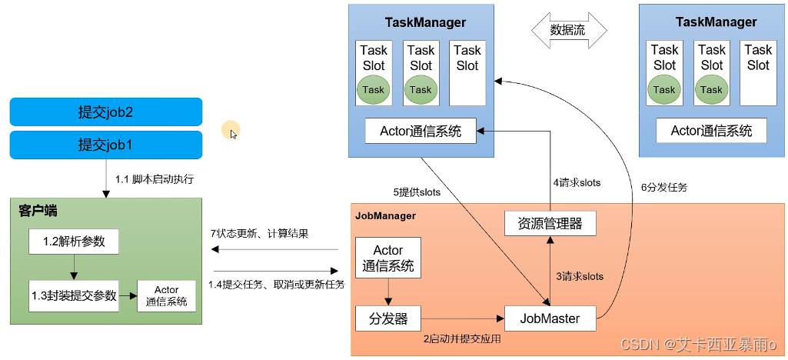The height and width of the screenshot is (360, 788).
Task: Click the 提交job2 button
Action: click(x=106, y=112)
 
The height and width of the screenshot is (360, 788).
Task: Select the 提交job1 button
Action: click(x=106, y=145)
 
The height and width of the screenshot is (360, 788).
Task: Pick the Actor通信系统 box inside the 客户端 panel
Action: click(x=167, y=296)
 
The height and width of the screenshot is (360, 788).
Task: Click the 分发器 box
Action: click(x=387, y=318)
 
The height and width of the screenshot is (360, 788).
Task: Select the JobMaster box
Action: click(x=549, y=318)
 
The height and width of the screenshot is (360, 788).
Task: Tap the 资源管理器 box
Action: click(x=549, y=224)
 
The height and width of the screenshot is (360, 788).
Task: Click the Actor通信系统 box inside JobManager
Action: click(x=388, y=258)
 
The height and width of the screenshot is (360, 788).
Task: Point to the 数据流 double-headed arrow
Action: click(x=569, y=32)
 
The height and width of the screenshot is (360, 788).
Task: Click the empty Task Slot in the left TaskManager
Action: click(x=467, y=73)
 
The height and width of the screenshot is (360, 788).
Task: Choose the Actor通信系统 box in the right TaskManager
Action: click(x=711, y=130)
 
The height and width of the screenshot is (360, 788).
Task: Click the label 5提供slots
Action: click(x=417, y=192)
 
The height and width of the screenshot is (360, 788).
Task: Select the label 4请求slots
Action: click(x=577, y=183)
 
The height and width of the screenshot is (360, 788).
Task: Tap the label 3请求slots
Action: click(x=579, y=277)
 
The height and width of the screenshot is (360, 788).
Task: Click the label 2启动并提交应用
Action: click(x=462, y=338)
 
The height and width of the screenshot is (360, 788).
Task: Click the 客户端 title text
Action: click(x=38, y=211)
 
